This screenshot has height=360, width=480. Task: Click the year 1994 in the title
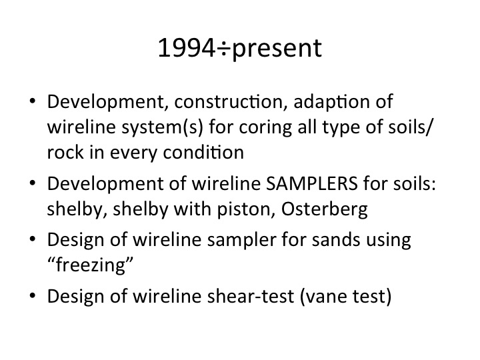(187, 48)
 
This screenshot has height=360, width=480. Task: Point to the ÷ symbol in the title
(224, 49)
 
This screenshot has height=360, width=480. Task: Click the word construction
(229, 101)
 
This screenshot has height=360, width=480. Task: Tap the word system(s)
(162, 127)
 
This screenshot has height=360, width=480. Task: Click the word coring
(265, 128)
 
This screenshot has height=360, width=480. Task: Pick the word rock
(65, 152)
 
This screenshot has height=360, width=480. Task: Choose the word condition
(203, 152)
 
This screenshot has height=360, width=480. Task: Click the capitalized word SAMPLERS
(311, 184)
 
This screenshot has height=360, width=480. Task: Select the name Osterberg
(325, 210)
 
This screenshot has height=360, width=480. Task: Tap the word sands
(336, 240)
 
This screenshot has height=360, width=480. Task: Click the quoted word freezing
(91, 265)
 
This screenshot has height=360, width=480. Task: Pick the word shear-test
(251, 296)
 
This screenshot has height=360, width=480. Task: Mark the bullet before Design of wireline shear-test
(33, 296)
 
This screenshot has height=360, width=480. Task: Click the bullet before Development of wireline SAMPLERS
(33, 184)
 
